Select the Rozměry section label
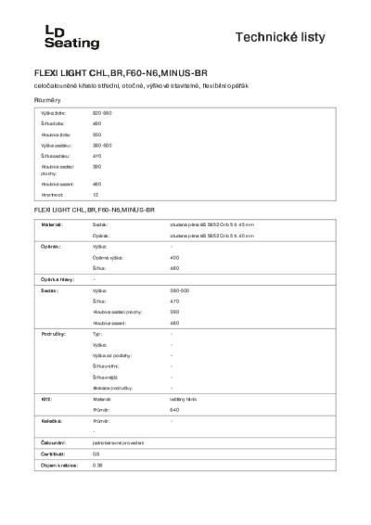pos(47,99)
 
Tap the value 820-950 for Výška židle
pos(102,112)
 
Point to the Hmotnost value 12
pos(96,196)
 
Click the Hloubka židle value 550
pos(96,134)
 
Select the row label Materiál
pos(51,225)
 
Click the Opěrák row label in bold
pos(50,247)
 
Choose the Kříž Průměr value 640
pos(174,409)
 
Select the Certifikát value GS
pos(96,455)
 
